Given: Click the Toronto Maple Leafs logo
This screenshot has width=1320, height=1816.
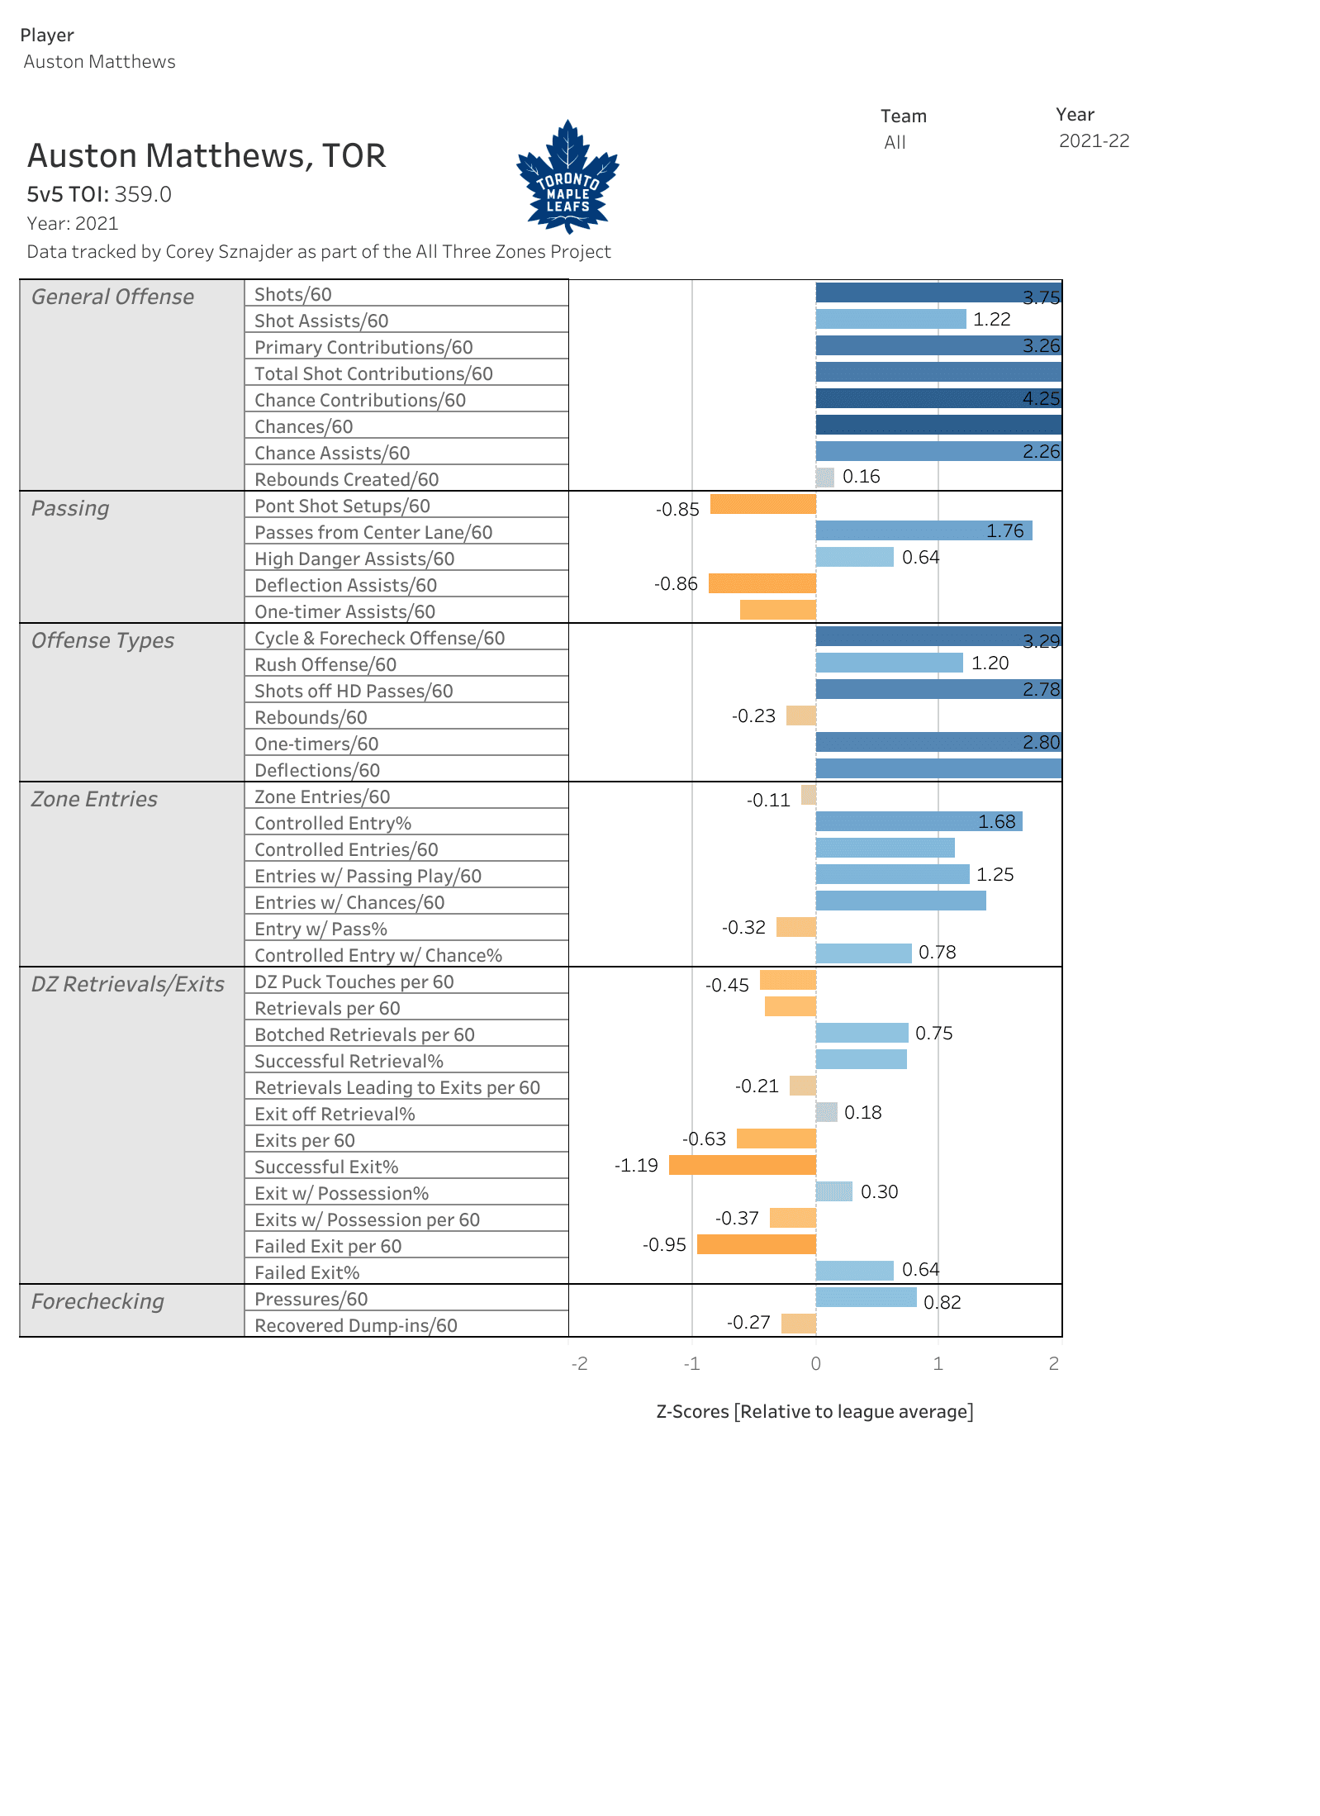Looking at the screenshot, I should (x=567, y=177).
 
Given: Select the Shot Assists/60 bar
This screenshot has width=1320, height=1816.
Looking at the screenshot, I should (x=890, y=319).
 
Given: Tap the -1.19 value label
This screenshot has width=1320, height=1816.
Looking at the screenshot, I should (x=636, y=1165).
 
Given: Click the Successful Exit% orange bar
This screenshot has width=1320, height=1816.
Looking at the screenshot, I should (x=742, y=1165).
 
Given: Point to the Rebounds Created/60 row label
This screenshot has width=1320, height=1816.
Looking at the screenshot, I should (x=346, y=479).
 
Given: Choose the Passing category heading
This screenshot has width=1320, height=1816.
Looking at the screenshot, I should (x=70, y=508).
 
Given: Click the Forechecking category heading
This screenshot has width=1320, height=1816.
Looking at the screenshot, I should (x=97, y=1301).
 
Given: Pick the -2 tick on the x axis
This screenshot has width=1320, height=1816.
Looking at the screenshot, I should (x=579, y=1363).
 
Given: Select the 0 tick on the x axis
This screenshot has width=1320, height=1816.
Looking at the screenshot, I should (x=815, y=1363).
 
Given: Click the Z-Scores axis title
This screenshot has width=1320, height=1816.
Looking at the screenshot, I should (x=814, y=1411).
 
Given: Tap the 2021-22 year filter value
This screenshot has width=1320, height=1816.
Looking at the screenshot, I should (x=1094, y=141).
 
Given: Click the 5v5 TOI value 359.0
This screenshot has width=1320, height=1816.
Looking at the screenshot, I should (x=143, y=194).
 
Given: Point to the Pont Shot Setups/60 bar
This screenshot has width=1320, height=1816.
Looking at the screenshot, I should (x=762, y=504).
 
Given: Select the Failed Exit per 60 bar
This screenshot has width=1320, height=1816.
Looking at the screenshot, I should (x=756, y=1244).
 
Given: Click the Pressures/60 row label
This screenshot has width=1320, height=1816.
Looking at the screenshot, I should (x=311, y=1299).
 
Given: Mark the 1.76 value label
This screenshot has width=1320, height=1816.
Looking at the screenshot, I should (x=1004, y=530).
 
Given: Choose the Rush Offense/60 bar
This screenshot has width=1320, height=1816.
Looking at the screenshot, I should (x=889, y=663).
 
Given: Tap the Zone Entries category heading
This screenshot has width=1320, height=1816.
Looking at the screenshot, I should (x=94, y=799).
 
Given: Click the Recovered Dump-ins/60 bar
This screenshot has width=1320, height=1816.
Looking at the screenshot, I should (x=798, y=1324).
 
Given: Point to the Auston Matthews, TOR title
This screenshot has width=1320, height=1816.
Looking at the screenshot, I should (x=207, y=156).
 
